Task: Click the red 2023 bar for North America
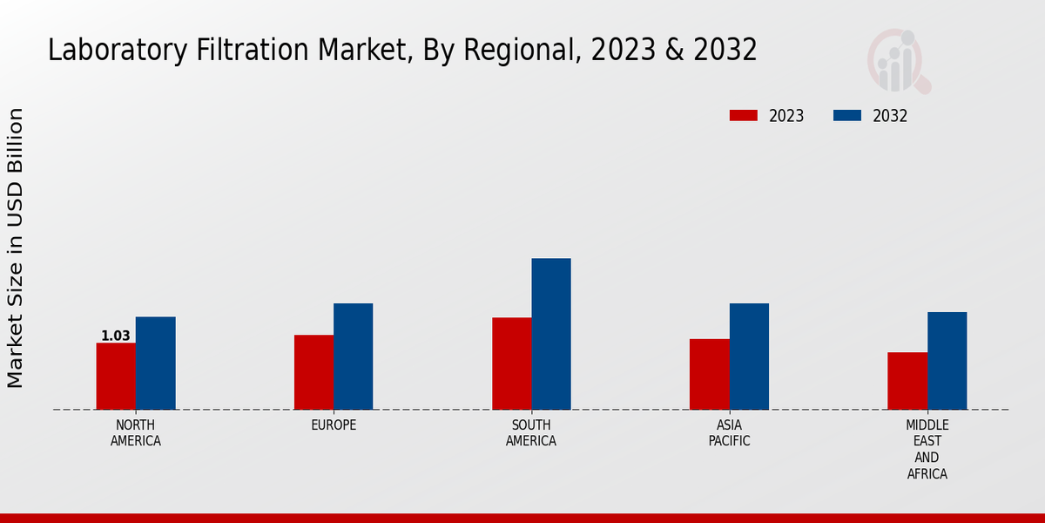(x=116, y=376)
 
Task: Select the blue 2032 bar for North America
(x=155, y=363)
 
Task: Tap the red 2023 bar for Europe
(x=313, y=372)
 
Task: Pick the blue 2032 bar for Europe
(x=353, y=357)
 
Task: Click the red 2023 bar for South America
(x=511, y=363)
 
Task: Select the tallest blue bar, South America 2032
(x=551, y=334)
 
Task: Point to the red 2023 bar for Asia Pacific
(x=709, y=374)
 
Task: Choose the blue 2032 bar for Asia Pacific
(x=749, y=357)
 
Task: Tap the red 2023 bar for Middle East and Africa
(x=907, y=381)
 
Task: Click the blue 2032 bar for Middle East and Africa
(x=947, y=361)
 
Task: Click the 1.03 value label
(x=116, y=336)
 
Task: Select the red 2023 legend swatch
(x=744, y=116)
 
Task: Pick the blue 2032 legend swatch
(x=847, y=116)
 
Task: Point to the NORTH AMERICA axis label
(x=135, y=432)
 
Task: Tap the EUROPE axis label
(x=334, y=425)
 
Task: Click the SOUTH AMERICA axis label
(x=531, y=432)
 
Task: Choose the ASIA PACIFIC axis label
(x=729, y=432)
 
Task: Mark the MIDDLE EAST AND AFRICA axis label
(x=927, y=449)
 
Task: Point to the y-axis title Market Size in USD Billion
(x=16, y=248)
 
